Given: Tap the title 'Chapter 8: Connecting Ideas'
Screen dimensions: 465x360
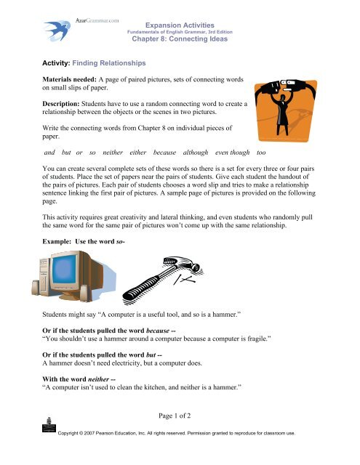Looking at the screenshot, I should pyautogui.click(x=179, y=39).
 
